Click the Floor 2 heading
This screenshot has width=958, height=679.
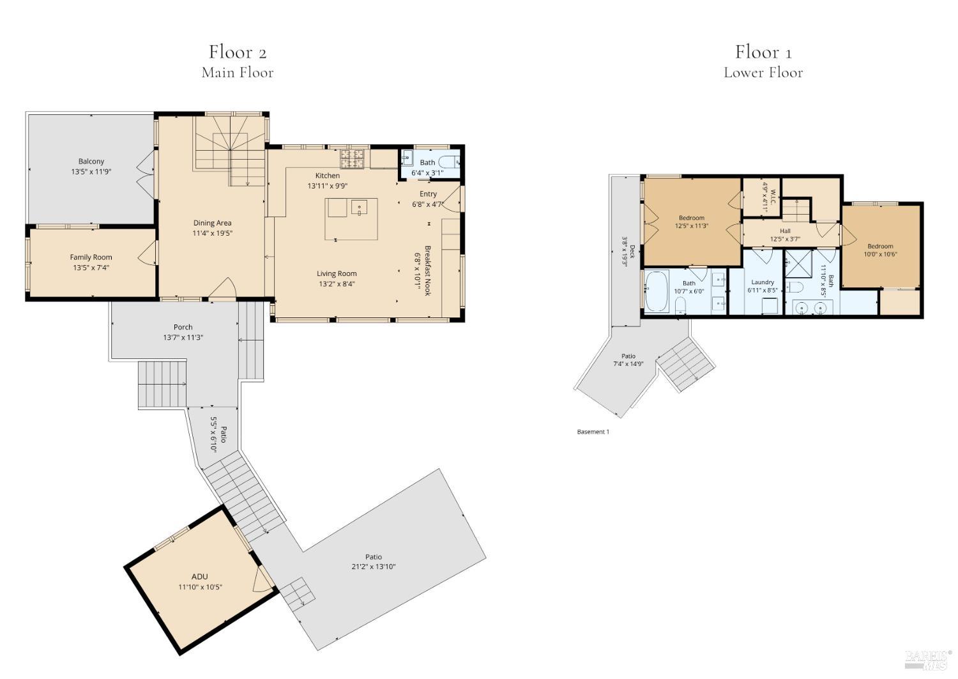point(238,52)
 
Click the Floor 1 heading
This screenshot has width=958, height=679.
point(763,52)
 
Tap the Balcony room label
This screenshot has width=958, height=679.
point(91,162)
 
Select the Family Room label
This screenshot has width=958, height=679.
point(91,257)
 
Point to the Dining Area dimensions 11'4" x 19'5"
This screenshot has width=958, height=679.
point(213,233)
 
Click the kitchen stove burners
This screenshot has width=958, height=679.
point(353,158)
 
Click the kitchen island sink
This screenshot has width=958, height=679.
point(359,206)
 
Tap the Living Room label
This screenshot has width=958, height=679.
point(337,273)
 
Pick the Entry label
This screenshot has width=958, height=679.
point(428,194)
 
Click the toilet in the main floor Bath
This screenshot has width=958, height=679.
point(450,162)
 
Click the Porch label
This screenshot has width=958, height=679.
point(183,327)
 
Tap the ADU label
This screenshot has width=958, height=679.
point(200,576)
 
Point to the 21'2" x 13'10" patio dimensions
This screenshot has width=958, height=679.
point(374,567)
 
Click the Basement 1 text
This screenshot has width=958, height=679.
point(593,432)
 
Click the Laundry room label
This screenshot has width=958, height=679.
point(763,282)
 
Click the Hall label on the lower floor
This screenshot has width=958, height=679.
point(785,231)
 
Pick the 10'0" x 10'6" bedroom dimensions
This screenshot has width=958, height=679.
point(880,254)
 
